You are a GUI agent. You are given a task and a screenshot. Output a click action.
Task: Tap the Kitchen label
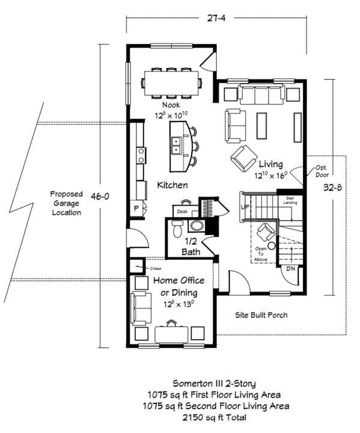pos(172,185)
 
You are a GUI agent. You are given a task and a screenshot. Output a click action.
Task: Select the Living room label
pos(270,164)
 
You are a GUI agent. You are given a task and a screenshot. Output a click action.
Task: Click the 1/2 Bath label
pos(191,247)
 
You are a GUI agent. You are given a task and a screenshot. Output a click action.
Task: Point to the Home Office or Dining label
pos(178,286)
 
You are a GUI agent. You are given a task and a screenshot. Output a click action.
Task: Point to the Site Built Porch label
pos(261,315)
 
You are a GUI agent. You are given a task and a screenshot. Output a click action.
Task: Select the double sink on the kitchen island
pos(177,144)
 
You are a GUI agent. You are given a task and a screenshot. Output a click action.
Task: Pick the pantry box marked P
pos(136,208)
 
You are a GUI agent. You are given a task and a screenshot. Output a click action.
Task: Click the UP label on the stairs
pos(245,206)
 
